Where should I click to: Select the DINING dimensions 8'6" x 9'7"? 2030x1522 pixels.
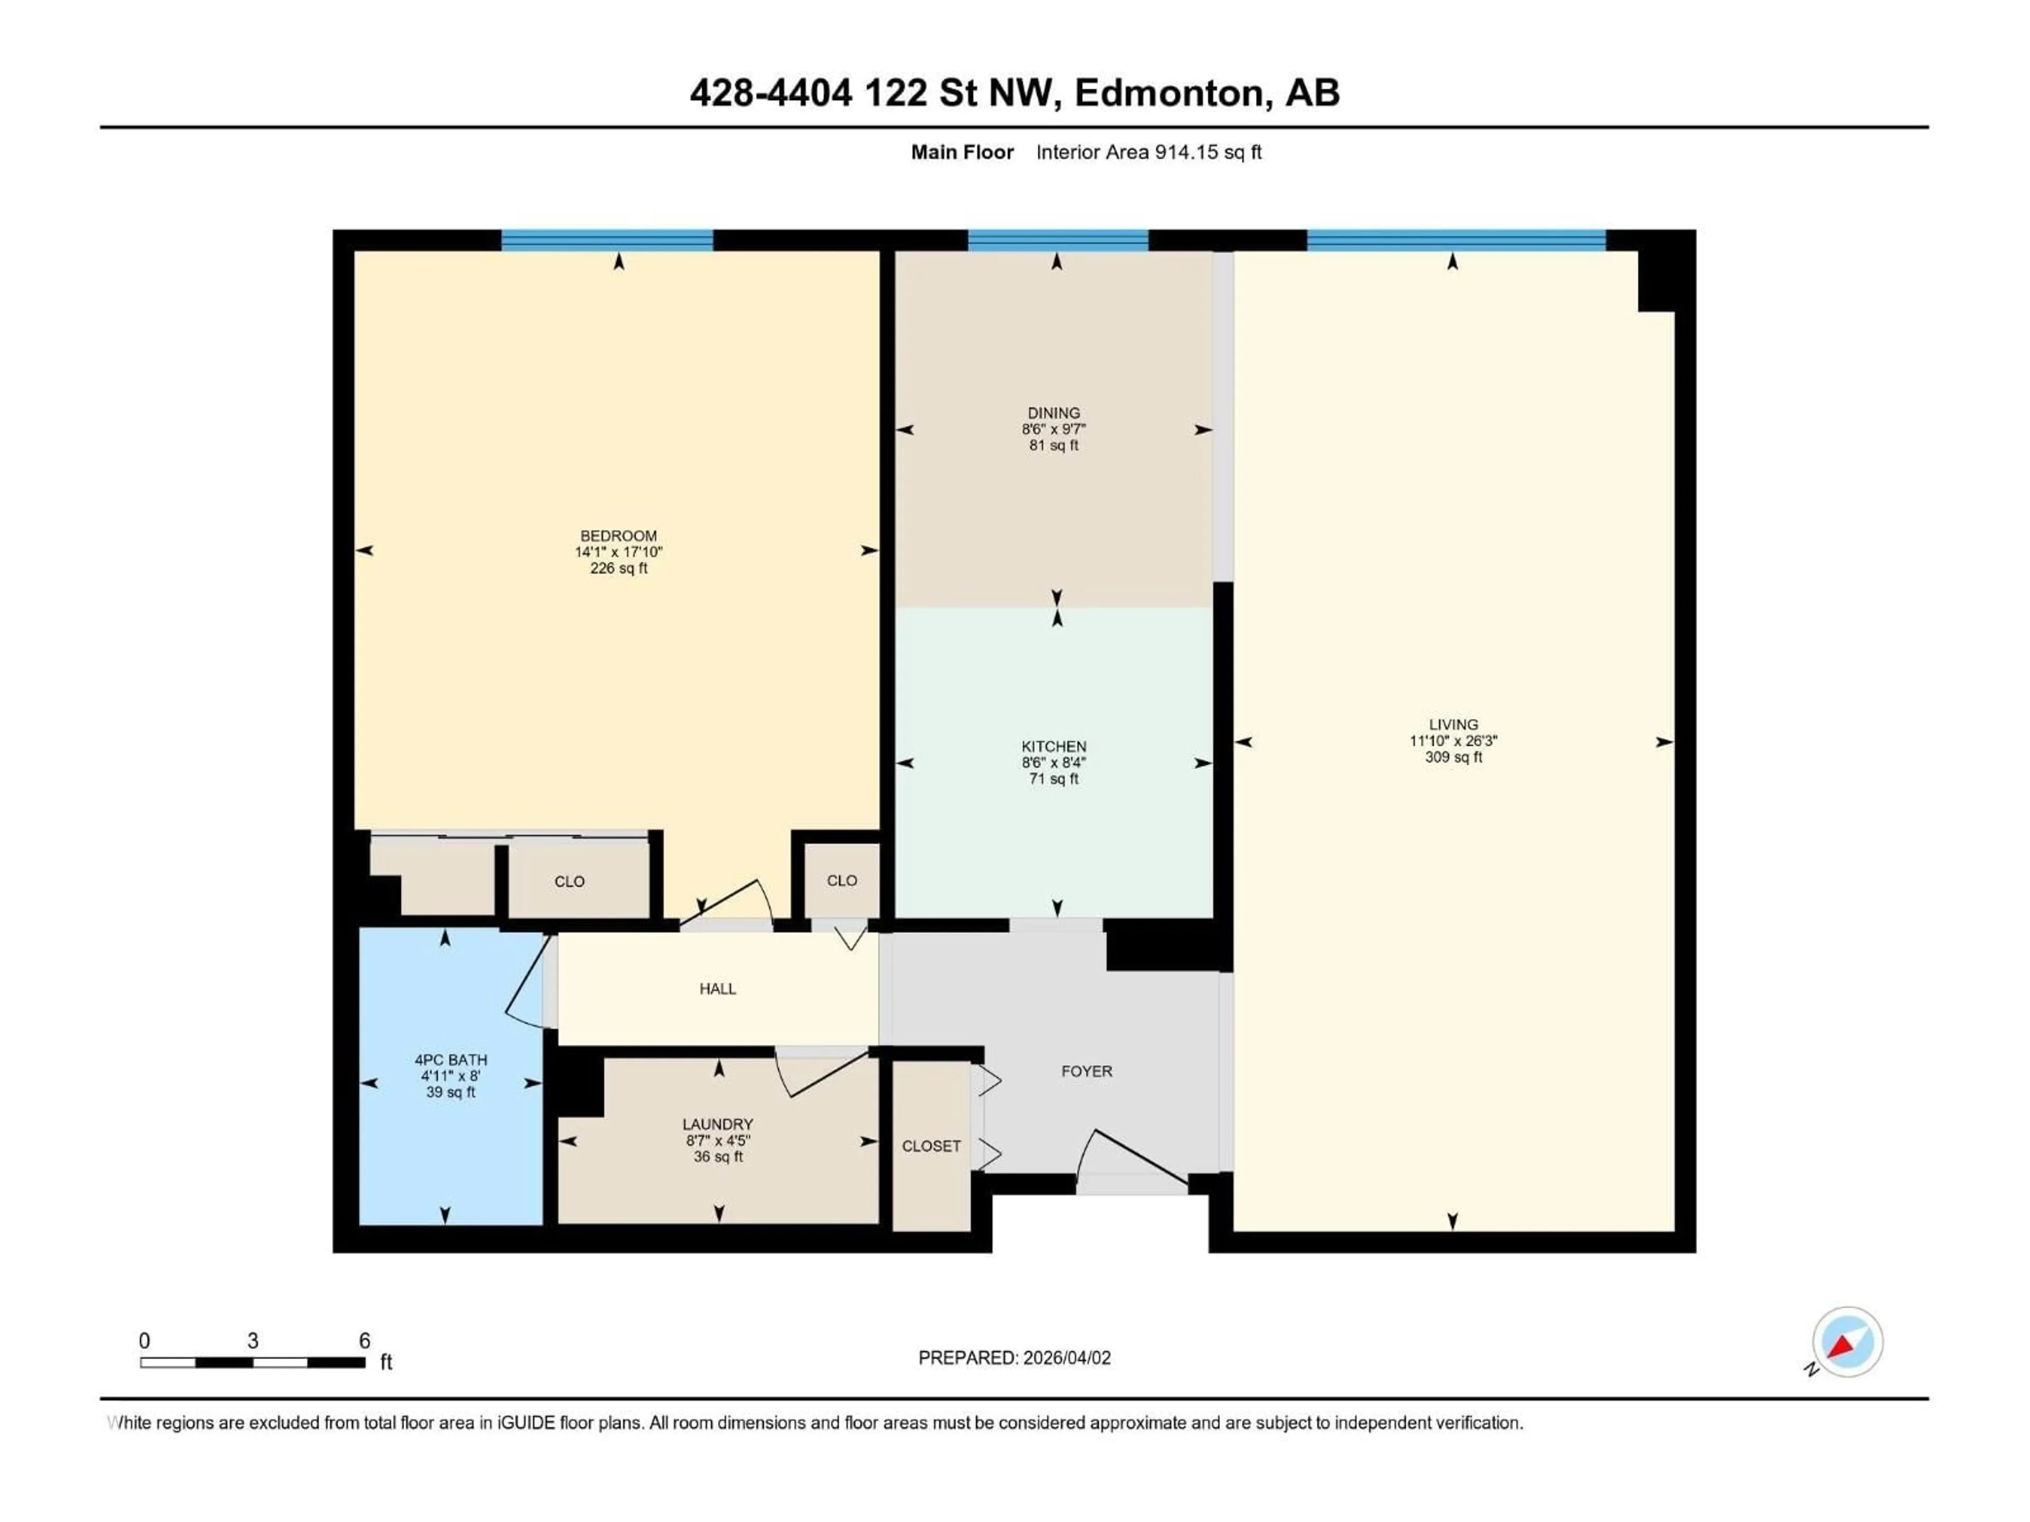click(x=1054, y=429)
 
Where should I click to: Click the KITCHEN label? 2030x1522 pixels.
click(x=1054, y=747)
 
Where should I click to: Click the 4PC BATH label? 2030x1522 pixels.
click(x=450, y=1060)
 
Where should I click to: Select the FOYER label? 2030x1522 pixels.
click(x=1086, y=1072)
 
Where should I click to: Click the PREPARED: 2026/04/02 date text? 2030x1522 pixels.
click(x=1014, y=1358)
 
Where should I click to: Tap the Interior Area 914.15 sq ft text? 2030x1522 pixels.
click(x=1148, y=152)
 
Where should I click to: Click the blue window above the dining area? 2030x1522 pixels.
click(x=1057, y=240)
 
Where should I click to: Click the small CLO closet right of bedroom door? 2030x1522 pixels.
click(x=842, y=881)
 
